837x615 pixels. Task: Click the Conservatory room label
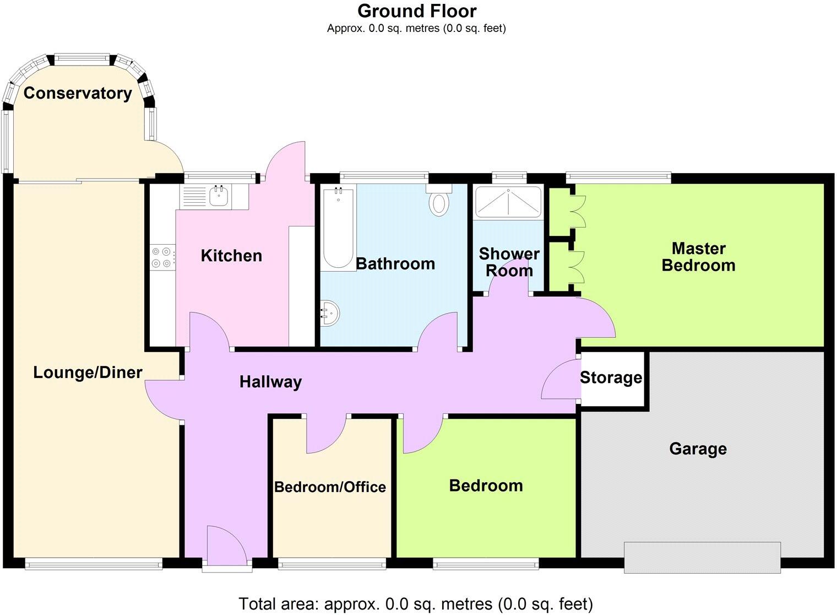78,93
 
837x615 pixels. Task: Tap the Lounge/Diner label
88,373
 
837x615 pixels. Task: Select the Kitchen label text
231,256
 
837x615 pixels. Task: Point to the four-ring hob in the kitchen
162,257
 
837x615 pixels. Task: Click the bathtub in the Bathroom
338,227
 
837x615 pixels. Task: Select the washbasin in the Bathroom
330,314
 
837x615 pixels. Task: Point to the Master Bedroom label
698,257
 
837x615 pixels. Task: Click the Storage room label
611,378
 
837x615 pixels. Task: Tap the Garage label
698,449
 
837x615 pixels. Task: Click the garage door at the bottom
702,557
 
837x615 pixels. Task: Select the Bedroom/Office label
330,487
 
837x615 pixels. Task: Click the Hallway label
270,382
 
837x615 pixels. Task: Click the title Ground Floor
417,10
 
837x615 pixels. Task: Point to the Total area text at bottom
416,604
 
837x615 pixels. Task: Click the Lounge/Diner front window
94,563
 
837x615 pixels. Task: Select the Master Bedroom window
618,177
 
